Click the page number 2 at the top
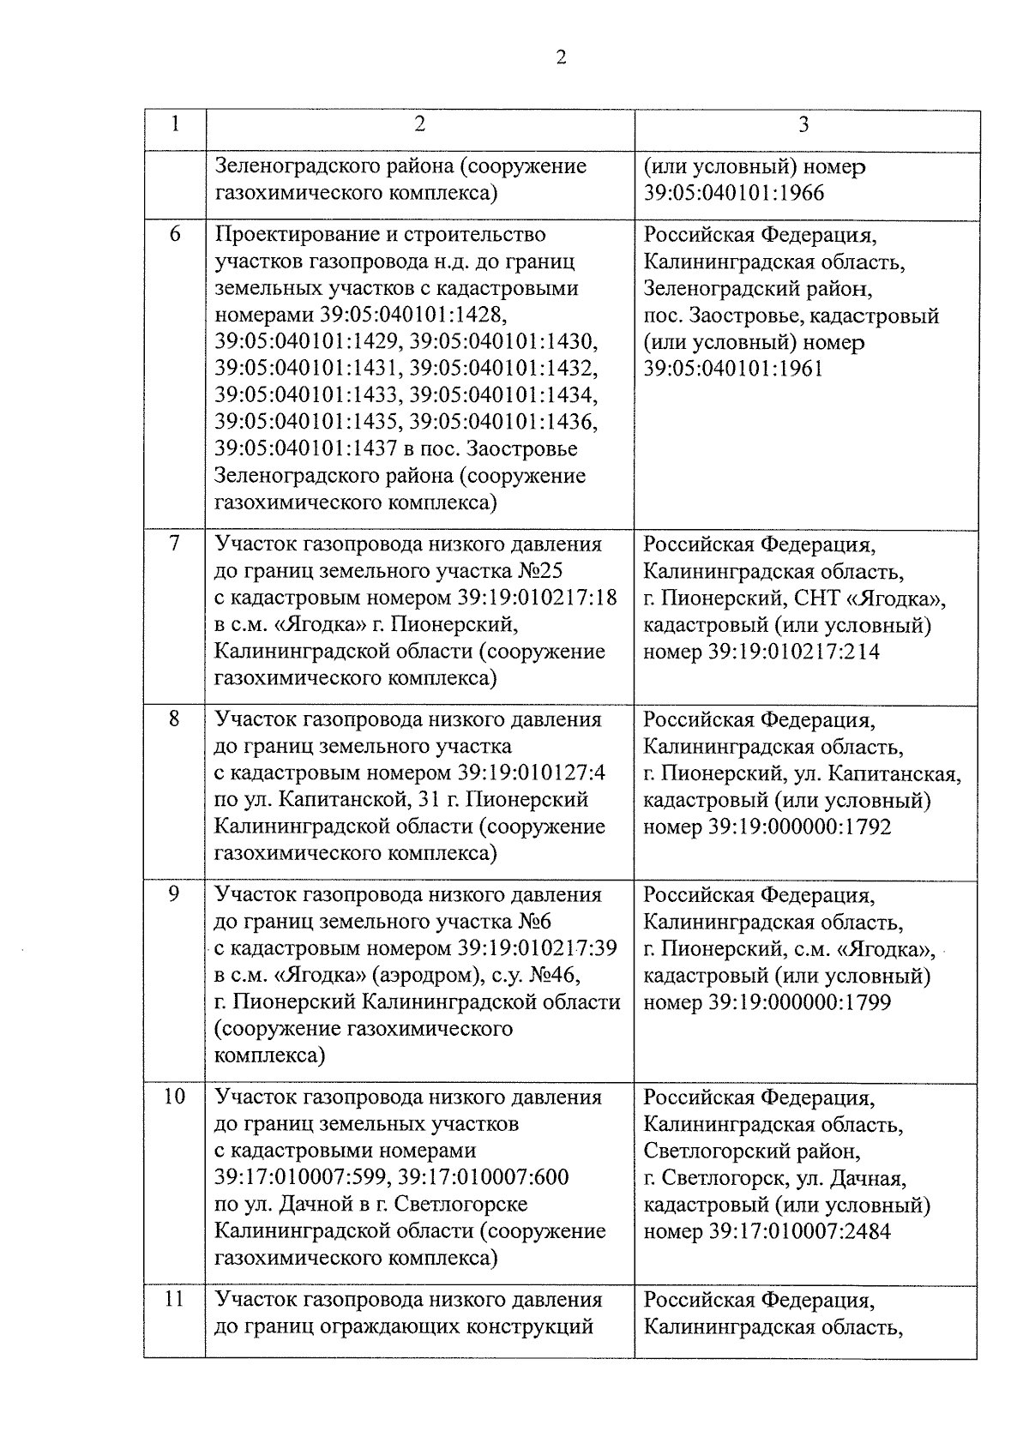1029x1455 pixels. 561,57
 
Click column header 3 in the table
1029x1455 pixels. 803,124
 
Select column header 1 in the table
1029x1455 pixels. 175,124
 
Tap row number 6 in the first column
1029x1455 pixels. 175,234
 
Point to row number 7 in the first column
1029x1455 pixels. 175,544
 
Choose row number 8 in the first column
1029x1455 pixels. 175,718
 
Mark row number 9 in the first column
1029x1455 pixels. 175,894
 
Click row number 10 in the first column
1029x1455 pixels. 175,1097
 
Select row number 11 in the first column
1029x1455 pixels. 175,1299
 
